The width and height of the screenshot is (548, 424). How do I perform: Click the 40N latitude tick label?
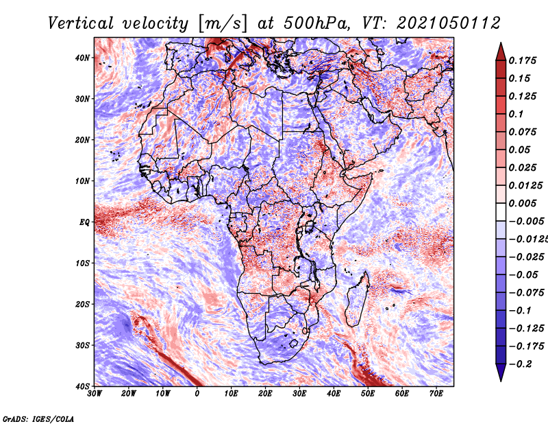pos(82,58)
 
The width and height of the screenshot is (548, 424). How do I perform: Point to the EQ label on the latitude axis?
pos(84,222)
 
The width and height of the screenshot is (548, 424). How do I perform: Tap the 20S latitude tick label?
pos(82,304)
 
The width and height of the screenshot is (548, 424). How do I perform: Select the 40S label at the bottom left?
pos(82,386)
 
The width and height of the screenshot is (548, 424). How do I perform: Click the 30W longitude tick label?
pos(95,394)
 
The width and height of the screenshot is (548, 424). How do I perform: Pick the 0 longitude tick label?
pos(197,394)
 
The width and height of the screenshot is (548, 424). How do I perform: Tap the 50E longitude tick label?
pos(368,394)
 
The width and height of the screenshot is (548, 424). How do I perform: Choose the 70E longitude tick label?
pos(436,394)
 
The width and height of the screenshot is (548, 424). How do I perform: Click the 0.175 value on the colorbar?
pos(523,61)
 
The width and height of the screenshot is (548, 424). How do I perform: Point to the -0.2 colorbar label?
pos(520,364)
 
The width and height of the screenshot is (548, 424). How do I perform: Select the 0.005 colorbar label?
pos(523,203)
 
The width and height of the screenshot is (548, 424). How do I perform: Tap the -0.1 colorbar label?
pos(520,311)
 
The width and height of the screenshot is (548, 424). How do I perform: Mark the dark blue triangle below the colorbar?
pos(501,372)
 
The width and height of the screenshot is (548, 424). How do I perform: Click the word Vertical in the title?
pos(81,23)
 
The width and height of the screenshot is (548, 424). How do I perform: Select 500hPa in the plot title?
pos(316,23)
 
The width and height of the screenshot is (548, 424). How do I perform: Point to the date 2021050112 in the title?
pos(449,23)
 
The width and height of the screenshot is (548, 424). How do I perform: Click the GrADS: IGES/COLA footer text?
pos(38,419)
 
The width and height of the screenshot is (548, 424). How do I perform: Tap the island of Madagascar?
pos(357,299)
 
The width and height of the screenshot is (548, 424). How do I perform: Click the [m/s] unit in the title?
pos(223,24)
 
